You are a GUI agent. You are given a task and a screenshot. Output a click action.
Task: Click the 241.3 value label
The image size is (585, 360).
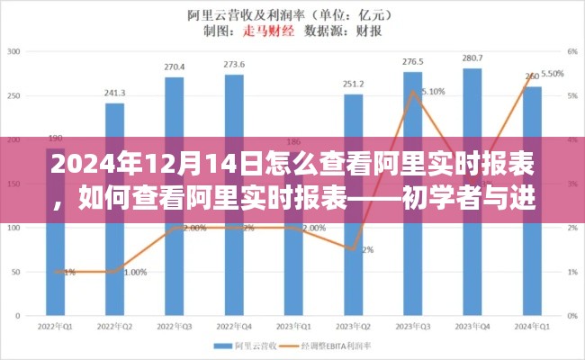pyautogui.click(x=114, y=93)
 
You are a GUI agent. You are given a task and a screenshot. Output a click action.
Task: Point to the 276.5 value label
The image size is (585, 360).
pyautogui.click(x=413, y=61)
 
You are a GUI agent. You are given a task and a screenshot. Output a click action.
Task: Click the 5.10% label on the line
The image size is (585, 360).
pyautogui.click(x=432, y=92)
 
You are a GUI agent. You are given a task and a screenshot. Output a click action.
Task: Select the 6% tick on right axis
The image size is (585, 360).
pyautogui.click(x=571, y=52)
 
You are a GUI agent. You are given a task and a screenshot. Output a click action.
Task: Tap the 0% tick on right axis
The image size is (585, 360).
pyautogui.click(x=571, y=315)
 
